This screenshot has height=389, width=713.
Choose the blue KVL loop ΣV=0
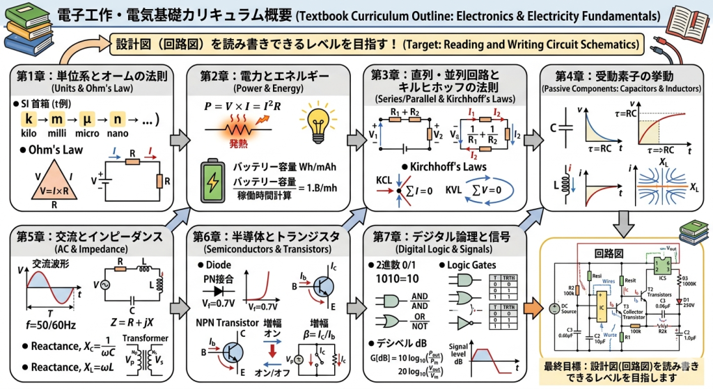488,189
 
